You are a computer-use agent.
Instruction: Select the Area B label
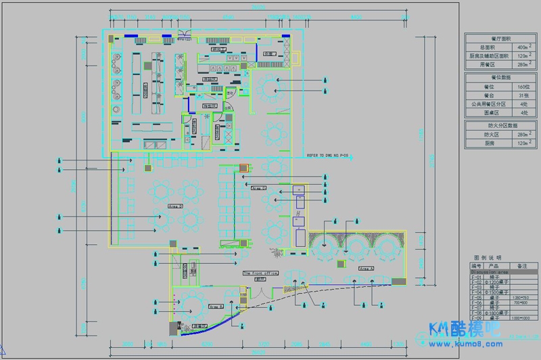pos(216,307)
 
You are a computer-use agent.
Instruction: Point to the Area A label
pos(366,269)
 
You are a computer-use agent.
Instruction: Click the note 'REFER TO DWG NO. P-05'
pos(328,155)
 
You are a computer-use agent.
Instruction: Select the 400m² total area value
pos(522,47)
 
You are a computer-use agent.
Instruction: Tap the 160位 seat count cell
pos(522,87)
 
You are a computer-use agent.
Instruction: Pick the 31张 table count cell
pos(522,96)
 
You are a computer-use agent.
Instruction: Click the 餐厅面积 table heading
pos(498,39)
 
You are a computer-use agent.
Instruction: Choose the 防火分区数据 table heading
pos(498,126)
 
